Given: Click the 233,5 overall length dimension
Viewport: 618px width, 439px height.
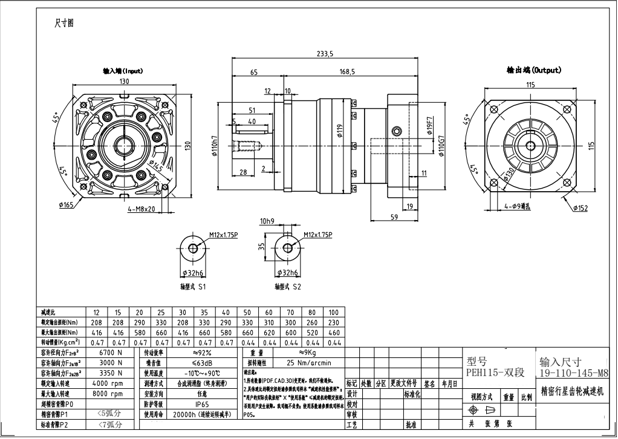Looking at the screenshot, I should [325, 54].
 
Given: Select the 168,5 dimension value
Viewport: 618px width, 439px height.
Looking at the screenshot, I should [346, 71].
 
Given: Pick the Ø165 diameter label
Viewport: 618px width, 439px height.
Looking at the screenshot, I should [66, 205].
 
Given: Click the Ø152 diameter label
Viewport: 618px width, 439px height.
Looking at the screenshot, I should [580, 209].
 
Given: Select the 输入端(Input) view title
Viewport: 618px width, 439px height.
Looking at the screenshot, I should [123, 71].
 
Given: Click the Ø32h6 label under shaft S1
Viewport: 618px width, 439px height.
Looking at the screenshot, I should [193, 273].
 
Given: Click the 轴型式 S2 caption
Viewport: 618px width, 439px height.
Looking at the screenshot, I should [287, 287].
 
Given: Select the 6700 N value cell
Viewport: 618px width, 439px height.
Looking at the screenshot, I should [111, 352].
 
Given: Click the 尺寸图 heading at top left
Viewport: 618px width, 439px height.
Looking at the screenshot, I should [63, 23].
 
